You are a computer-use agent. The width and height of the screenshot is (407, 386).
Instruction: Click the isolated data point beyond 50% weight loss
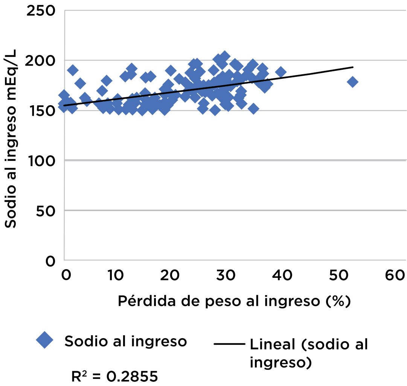[352, 82]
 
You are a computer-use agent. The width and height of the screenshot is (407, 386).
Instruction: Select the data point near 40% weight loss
[280, 72]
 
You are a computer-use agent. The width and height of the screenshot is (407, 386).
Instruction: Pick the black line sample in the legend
[229, 344]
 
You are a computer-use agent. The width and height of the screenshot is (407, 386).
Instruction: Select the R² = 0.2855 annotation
[114, 376]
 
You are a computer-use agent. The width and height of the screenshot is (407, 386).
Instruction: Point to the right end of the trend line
[353, 67]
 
